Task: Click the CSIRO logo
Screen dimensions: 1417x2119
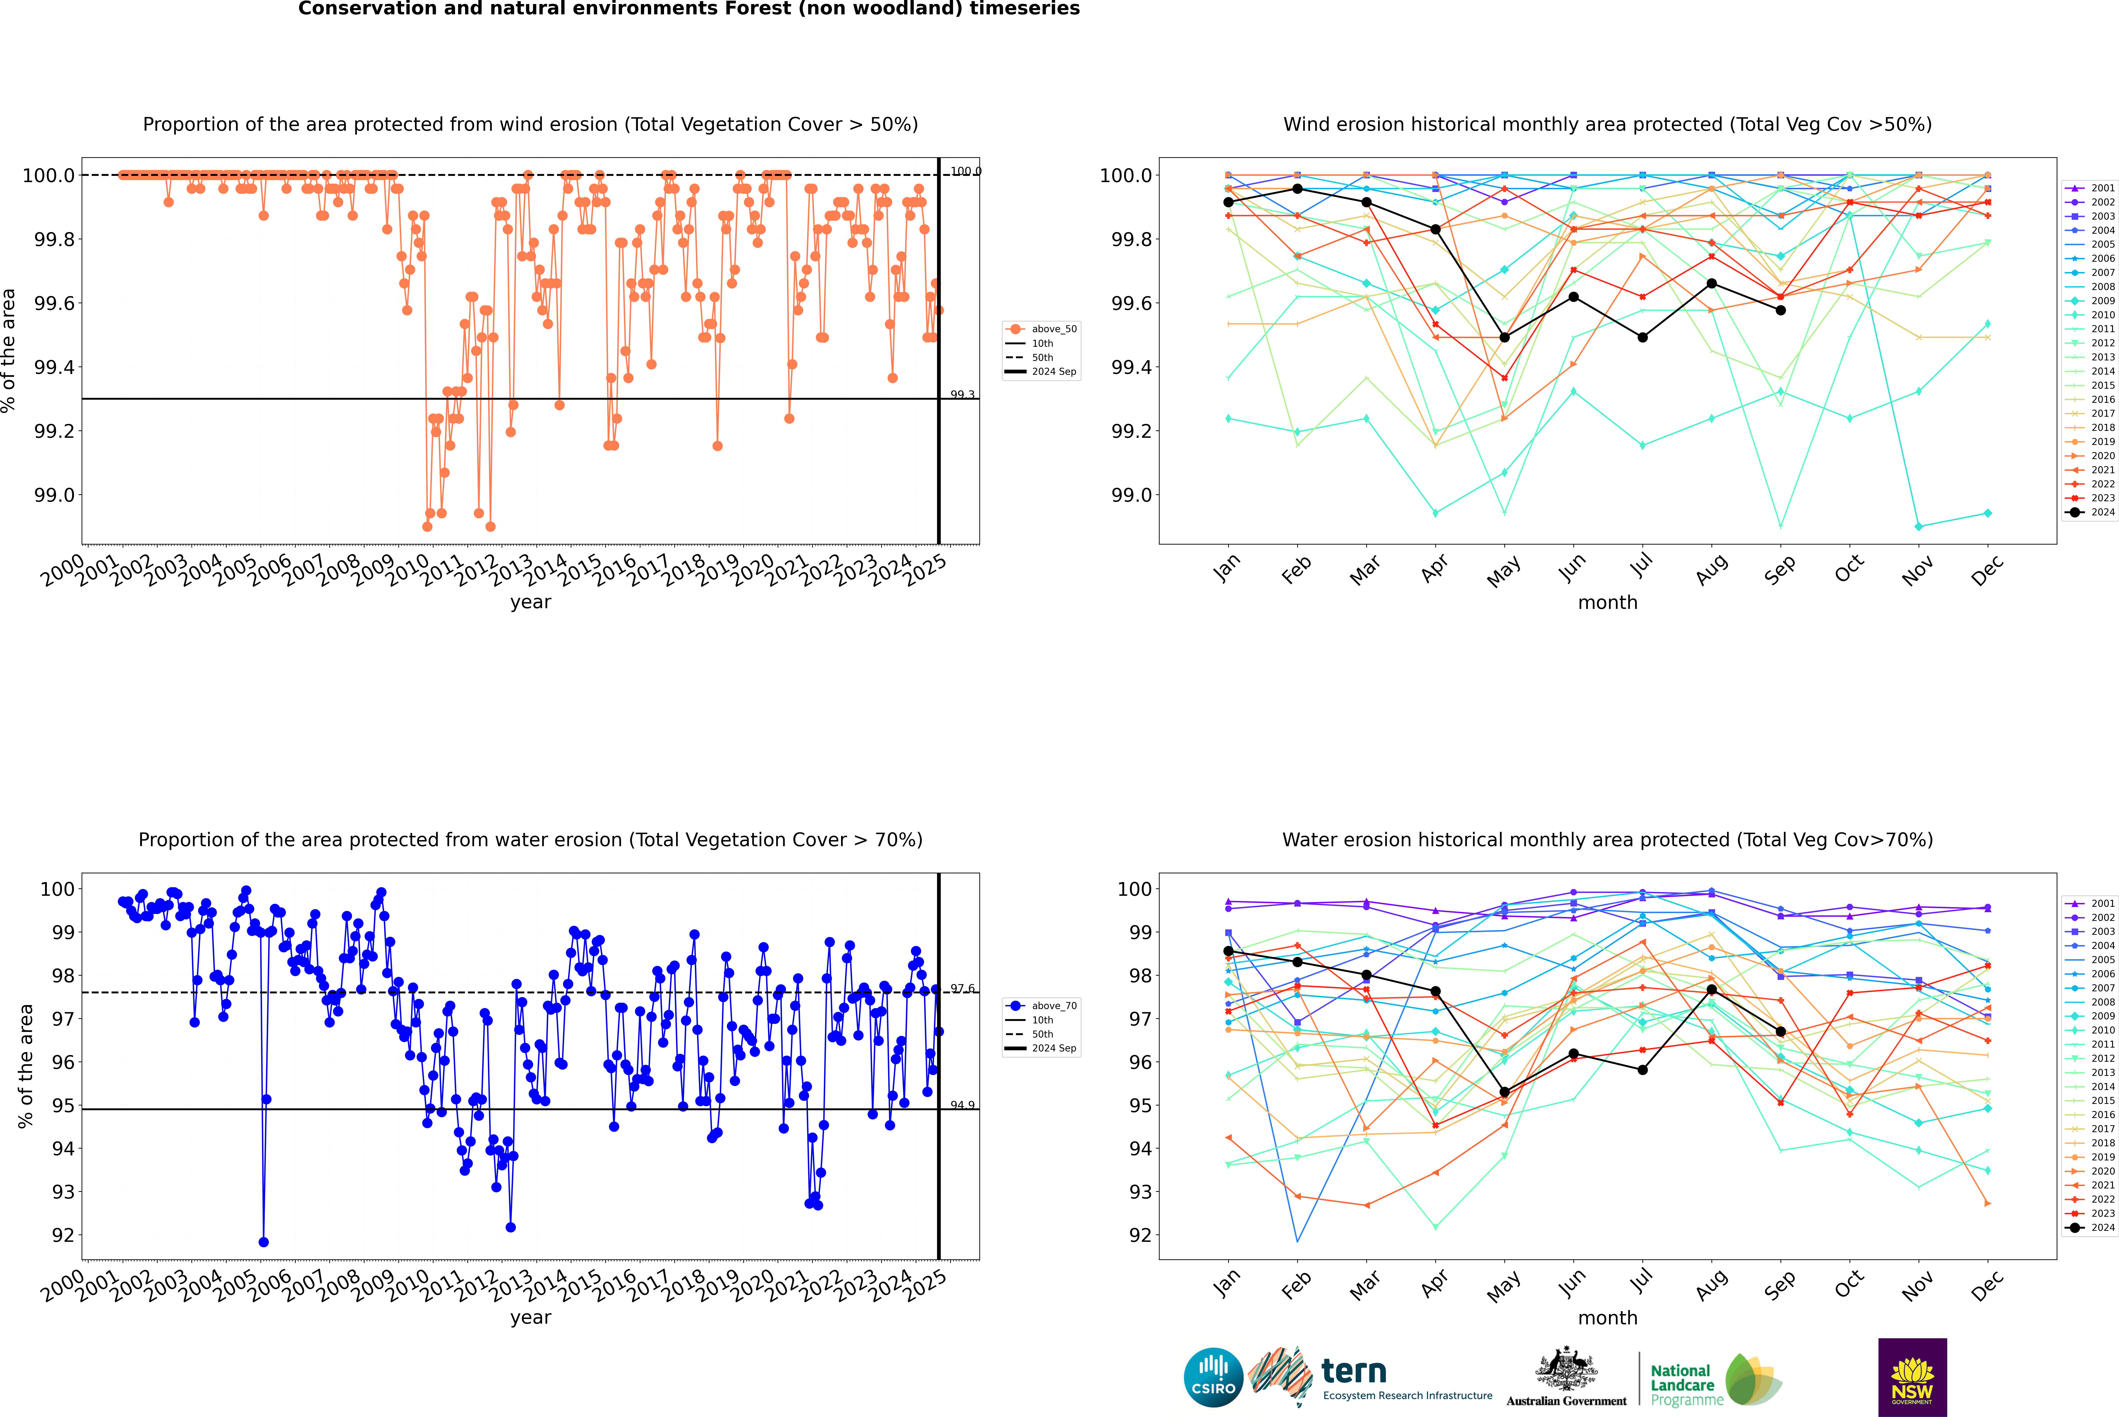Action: point(1213,1377)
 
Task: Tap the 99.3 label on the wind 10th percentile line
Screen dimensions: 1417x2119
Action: point(962,395)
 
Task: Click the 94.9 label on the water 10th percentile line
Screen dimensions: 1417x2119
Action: point(962,1105)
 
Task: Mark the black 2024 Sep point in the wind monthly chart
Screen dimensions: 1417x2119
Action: point(1780,310)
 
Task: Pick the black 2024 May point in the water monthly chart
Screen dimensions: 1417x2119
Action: point(1504,1092)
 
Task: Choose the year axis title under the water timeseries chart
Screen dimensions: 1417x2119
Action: point(530,1318)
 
